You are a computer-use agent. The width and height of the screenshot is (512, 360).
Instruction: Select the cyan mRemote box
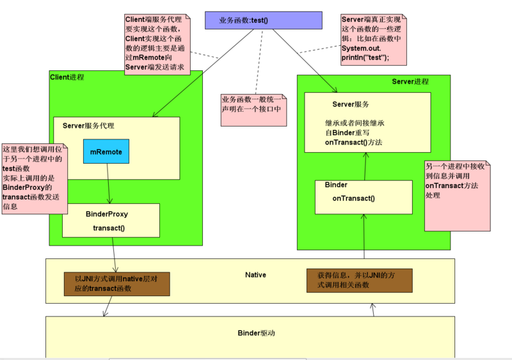(106, 152)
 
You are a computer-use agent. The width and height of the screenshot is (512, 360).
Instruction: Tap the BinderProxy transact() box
(110, 220)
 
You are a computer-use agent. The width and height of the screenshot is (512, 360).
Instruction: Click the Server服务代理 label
(88, 126)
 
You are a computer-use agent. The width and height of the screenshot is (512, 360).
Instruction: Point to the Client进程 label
(67, 77)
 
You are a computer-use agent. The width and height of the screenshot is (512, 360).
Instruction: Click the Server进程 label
(410, 82)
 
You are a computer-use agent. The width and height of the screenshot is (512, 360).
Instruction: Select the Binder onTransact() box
(363, 196)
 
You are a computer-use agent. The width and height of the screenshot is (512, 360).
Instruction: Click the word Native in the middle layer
(255, 275)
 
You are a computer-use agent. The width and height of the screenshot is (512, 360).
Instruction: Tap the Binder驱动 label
(256, 333)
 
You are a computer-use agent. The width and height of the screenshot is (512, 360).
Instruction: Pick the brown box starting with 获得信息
(359, 279)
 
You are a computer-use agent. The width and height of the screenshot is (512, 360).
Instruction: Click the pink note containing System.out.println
(373, 40)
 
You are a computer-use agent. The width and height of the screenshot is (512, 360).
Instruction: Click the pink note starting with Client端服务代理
(157, 44)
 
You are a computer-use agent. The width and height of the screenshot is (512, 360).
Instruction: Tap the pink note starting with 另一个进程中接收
(458, 195)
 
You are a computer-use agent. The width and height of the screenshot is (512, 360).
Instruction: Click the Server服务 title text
(350, 104)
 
